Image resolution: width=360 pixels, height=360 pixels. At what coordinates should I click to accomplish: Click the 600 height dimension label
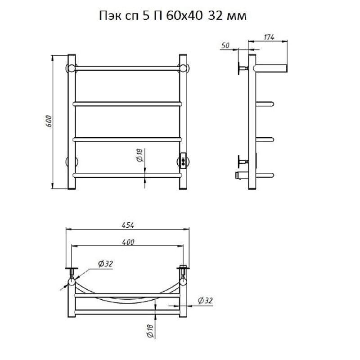[x=49, y=121]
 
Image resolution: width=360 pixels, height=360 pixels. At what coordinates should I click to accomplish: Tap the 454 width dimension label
[x=128, y=225]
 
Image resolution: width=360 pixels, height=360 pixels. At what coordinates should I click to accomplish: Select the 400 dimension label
[x=128, y=242]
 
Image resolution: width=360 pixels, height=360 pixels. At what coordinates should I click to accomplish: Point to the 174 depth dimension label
[x=269, y=37]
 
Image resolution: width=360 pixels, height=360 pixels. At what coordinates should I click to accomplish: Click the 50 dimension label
[x=225, y=45]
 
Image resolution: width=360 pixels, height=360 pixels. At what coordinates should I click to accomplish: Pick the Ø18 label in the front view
[x=140, y=155]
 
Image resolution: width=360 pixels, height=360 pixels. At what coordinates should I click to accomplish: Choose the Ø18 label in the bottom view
[x=150, y=331]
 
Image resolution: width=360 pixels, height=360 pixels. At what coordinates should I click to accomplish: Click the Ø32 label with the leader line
[x=105, y=264]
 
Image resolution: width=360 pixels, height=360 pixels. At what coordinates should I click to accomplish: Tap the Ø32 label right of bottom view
[x=205, y=300]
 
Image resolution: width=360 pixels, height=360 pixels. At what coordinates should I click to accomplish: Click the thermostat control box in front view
[x=184, y=161]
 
